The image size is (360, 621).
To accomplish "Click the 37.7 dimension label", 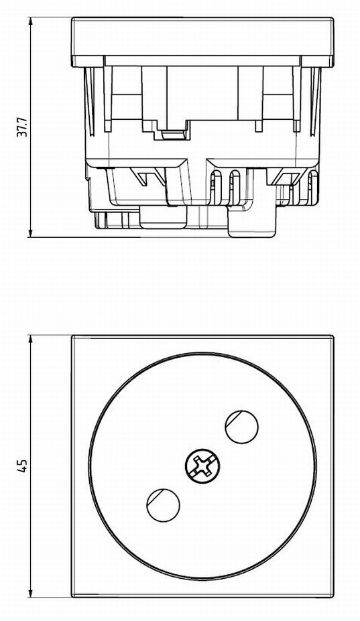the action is (23, 127).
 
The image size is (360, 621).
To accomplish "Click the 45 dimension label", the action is (23, 466).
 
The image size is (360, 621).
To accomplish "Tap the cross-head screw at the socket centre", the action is (202, 466).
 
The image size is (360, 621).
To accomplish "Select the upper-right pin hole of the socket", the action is (242, 427).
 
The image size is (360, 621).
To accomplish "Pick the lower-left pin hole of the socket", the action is (164, 505).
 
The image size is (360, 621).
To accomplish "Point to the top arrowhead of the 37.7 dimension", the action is (31, 21).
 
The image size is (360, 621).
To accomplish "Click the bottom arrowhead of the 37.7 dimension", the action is (31, 233).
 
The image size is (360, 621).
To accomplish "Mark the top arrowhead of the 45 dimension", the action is (31, 340).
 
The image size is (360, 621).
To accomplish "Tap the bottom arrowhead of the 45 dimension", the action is (31, 592).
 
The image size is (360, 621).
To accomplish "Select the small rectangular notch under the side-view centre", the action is (172, 135).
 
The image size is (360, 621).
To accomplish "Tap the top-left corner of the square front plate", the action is (72, 336).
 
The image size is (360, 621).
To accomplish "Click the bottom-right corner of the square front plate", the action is (333, 597).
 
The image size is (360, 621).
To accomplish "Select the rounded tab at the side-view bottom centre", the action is (163, 217).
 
